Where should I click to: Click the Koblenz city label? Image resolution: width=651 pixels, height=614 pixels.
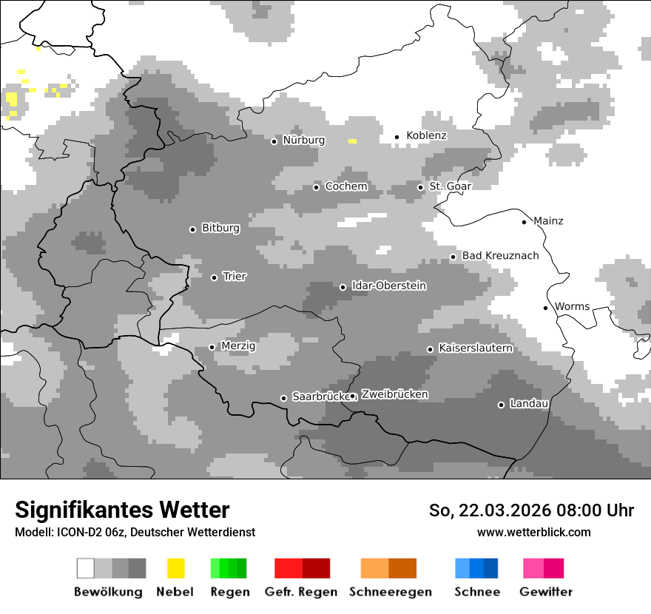tap(426, 135)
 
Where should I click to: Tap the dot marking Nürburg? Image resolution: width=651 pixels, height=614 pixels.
tap(274, 141)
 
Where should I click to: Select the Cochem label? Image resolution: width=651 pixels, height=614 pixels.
tap(346, 186)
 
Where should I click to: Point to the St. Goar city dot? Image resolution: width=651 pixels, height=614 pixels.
tap(420, 187)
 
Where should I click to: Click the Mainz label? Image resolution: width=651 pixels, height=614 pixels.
tap(548, 221)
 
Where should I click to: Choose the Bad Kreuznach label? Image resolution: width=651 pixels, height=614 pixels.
tap(500, 256)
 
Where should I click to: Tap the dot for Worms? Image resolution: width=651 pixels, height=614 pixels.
tap(546, 308)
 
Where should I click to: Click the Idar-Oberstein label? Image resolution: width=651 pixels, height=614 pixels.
tap(389, 286)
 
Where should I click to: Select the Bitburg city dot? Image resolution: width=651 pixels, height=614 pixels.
tap(192, 229)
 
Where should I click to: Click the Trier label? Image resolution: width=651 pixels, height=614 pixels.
tap(235, 277)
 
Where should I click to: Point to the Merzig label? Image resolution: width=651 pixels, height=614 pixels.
tap(238, 345)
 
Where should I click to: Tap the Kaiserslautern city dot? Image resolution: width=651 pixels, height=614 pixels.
tap(430, 349)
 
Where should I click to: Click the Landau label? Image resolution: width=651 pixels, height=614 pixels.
tap(529, 404)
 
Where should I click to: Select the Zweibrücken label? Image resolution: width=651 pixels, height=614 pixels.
tap(394, 395)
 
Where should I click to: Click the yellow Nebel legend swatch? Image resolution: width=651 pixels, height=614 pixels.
tap(175, 568)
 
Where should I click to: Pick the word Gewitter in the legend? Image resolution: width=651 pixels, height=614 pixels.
tap(545, 592)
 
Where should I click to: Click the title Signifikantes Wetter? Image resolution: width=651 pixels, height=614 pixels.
tap(122, 510)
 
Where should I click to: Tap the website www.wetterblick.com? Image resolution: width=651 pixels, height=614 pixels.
tap(533, 533)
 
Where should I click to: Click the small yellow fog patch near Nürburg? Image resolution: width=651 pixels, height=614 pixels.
tap(353, 141)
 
